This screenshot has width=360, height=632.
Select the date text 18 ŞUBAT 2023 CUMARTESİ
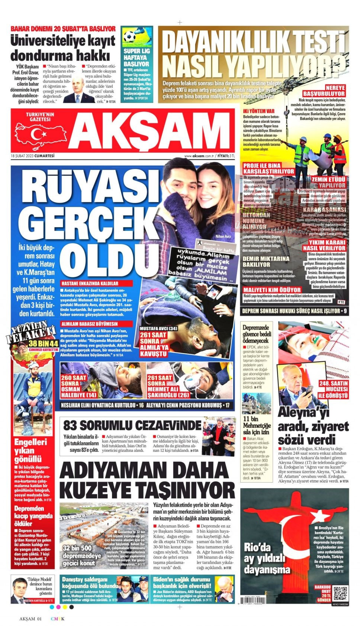point(33,156)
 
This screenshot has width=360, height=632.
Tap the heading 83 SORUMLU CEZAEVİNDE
point(132,425)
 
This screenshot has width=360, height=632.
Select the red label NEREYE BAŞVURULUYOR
point(324,91)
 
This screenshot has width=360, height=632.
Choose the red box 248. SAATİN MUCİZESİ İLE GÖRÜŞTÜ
point(333,389)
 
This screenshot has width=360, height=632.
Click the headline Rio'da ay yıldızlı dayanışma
point(267,558)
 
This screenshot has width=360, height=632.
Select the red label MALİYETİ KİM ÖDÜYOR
point(272,290)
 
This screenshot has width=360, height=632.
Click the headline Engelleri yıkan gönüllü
point(30,451)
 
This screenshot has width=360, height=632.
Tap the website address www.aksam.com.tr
point(200,156)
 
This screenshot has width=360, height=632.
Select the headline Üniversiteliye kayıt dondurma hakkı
point(62,48)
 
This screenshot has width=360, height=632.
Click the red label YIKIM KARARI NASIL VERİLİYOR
point(324,245)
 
